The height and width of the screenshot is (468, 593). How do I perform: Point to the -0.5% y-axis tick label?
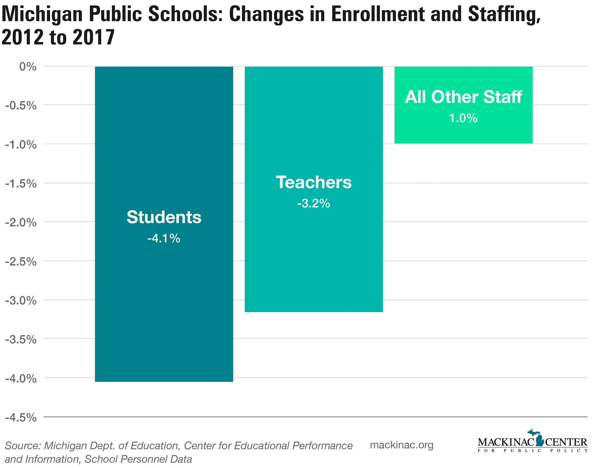pos(21,106)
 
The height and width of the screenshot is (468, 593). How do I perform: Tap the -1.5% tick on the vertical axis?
pos(21,184)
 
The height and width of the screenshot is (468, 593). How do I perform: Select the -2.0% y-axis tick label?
pos(21,222)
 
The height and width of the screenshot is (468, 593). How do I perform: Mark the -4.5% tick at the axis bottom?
pos(21,418)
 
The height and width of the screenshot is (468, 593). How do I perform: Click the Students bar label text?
pos(164,217)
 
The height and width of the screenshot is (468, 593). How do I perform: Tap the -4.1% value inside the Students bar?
pos(164,239)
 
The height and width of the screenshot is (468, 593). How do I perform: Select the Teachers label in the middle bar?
pos(314,182)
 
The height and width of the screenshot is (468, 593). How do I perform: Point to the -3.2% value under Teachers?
pos(314,204)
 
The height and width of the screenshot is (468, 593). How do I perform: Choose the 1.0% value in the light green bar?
pos(463,118)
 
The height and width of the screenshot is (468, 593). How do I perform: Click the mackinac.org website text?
pos(402,445)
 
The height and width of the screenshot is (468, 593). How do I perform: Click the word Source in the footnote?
pos(22,446)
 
